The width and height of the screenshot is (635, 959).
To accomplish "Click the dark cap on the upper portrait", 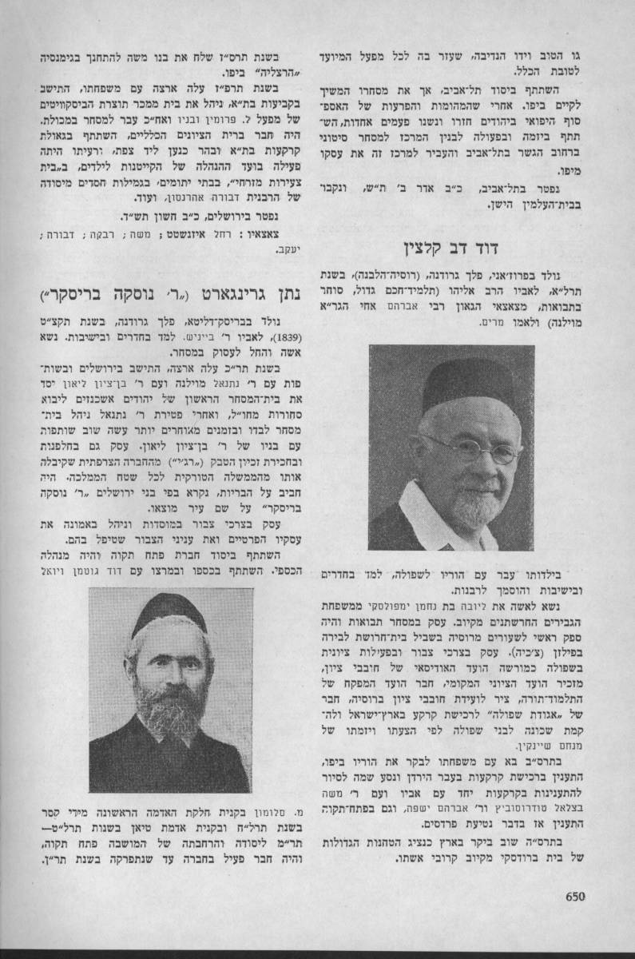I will [467, 384].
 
